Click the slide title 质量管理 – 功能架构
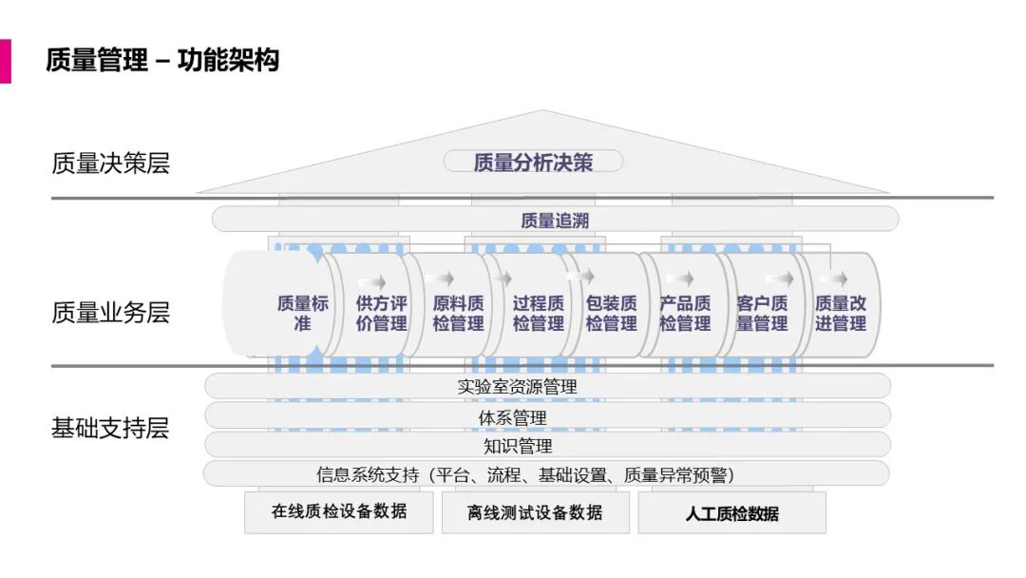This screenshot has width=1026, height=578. click(x=162, y=61)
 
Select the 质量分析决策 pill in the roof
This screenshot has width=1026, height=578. click(x=533, y=162)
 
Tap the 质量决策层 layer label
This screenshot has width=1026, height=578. click(x=110, y=164)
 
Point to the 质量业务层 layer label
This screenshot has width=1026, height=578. click(x=110, y=313)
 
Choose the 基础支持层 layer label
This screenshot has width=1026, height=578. click(x=110, y=428)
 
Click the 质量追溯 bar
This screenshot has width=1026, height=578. click(x=556, y=221)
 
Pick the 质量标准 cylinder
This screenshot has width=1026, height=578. click(x=302, y=313)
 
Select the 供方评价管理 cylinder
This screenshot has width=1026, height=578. click(x=381, y=313)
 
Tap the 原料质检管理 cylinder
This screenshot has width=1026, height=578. click(x=458, y=313)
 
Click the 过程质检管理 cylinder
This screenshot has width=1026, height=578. click(x=538, y=313)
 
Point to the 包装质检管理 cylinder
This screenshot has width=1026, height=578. click(x=611, y=313)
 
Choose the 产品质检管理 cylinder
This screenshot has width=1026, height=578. click(x=685, y=313)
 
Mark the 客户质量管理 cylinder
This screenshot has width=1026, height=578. click(x=762, y=313)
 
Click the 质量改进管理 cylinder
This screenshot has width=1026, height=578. click(x=841, y=313)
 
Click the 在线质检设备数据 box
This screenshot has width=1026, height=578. click(x=339, y=511)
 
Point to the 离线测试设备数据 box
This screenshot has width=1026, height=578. click(x=535, y=512)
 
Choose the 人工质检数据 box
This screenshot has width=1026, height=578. click(x=731, y=513)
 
